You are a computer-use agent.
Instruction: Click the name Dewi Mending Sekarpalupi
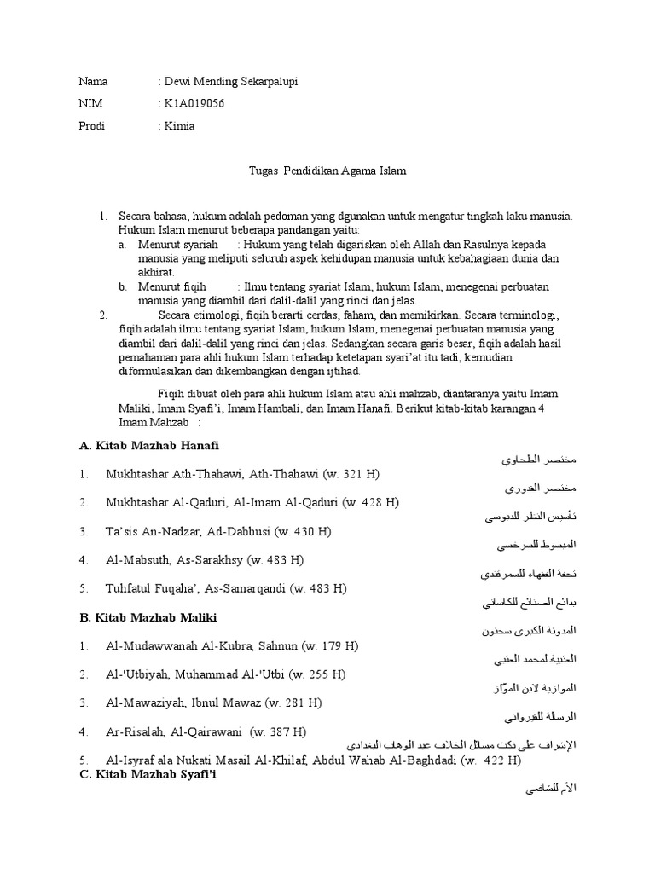(x=231, y=82)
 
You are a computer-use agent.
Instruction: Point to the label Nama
(x=93, y=82)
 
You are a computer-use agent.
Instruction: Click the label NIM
(x=90, y=104)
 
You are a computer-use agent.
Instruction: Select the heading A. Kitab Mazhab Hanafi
(x=149, y=446)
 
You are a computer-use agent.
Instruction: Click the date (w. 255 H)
(x=316, y=674)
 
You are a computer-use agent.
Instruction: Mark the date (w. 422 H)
(x=490, y=760)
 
